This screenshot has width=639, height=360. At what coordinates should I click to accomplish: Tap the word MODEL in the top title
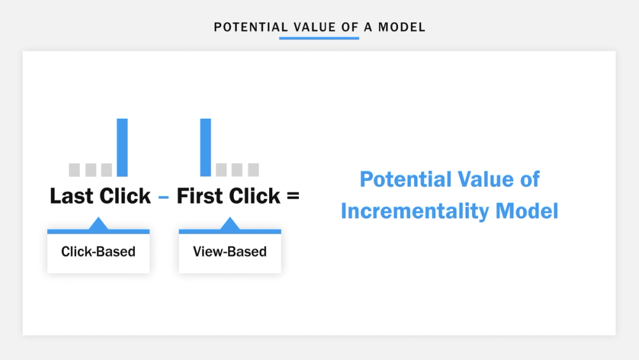[401, 27]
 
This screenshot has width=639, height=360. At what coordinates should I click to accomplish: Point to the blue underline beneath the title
[319, 38]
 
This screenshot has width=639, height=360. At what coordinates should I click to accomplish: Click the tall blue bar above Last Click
[122, 147]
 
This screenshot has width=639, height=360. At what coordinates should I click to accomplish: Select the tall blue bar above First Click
[205, 147]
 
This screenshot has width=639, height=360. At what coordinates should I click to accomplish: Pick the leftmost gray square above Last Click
[74, 169]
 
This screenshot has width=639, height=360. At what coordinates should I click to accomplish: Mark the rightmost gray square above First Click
[253, 169]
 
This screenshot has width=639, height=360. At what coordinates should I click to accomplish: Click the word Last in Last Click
[72, 196]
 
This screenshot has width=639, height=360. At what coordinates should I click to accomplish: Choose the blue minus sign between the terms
[164, 198]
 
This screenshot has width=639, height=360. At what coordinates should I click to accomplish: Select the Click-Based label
[98, 251]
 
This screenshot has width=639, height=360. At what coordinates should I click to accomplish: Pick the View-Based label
[229, 251]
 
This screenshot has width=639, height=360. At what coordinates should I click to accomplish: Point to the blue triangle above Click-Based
[98, 224]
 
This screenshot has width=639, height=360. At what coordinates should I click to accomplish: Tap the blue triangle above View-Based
[229, 224]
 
